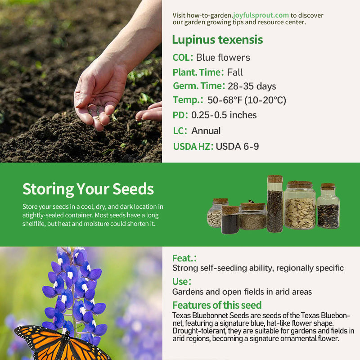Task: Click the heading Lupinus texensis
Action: point(217,40)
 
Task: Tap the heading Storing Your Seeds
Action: point(88,189)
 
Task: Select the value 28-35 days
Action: point(252,86)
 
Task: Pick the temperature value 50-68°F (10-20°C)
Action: point(247,100)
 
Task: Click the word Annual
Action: point(206,131)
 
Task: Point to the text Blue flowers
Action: point(223,58)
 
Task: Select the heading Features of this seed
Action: point(217,305)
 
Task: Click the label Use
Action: point(181,282)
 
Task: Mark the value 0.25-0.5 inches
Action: point(224,115)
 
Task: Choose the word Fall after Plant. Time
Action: point(235,72)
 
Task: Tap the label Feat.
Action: point(184,258)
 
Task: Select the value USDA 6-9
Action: point(237,146)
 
